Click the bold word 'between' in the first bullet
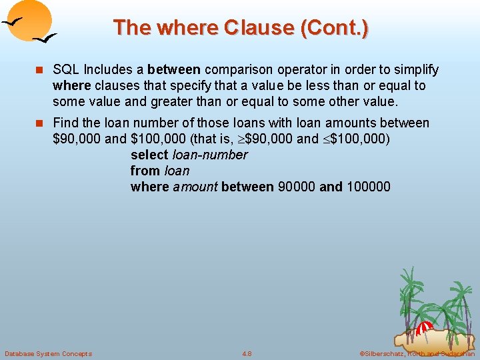(175, 70)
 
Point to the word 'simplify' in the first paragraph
(415, 70)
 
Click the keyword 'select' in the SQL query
(149, 155)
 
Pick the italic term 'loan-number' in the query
(210, 155)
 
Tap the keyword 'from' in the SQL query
(145, 171)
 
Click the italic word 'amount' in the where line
(195, 187)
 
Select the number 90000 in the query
(296, 187)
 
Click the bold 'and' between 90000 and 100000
(331, 187)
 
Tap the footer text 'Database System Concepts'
(48, 353)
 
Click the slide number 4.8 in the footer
(247, 353)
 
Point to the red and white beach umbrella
(425, 328)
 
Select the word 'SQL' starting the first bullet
(66, 70)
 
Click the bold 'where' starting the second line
(72, 86)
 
